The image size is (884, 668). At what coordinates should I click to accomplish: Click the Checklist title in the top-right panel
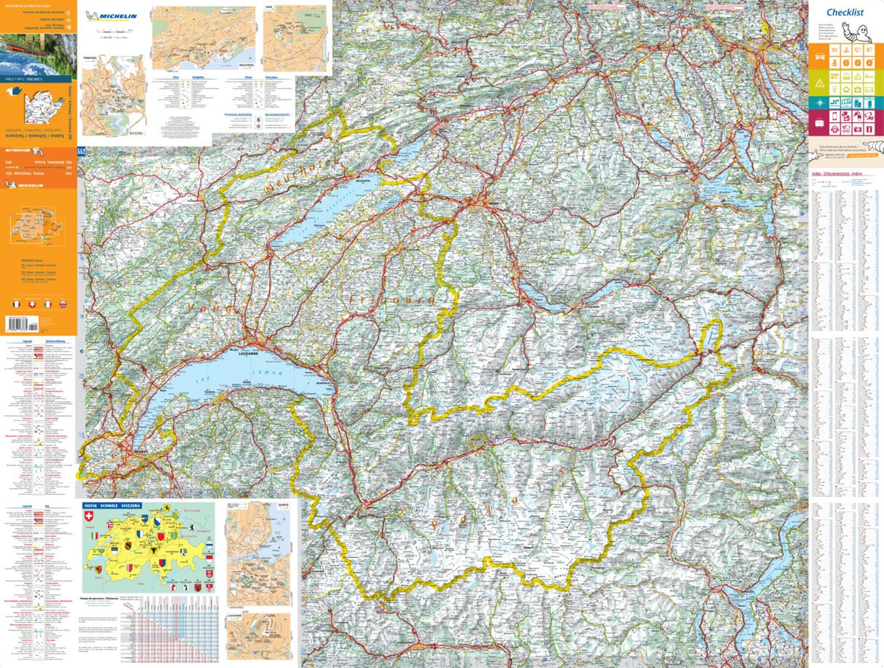(844, 12)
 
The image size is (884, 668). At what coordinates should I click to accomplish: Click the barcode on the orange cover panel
(22, 323)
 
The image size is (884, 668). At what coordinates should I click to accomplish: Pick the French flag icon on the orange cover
(15, 304)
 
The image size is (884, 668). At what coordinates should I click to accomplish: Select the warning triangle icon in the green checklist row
(818, 82)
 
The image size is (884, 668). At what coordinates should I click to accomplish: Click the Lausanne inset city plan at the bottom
(258, 634)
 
